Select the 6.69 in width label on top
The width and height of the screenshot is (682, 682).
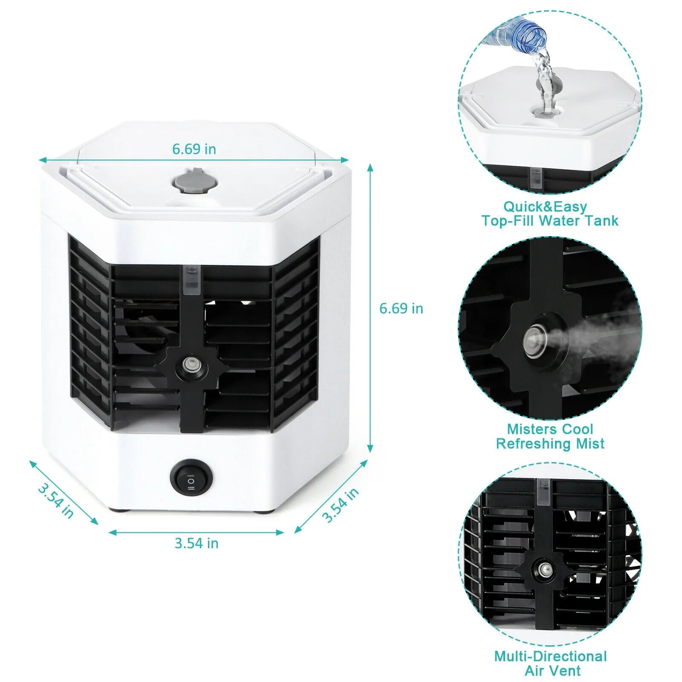[194, 149]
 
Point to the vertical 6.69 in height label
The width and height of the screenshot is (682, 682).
[401, 309]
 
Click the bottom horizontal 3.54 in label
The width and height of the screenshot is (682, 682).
[197, 543]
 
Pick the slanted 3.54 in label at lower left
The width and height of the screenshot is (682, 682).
[56, 500]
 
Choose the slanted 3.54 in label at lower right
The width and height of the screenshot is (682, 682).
[341, 505]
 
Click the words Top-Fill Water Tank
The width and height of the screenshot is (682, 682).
[550, 221]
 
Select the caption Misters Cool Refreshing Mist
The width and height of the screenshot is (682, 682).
[550, 436]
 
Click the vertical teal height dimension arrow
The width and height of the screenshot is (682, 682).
[370, 307]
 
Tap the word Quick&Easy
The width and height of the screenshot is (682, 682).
[545, 207]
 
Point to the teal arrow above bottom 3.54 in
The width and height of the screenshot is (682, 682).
[196, 532]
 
